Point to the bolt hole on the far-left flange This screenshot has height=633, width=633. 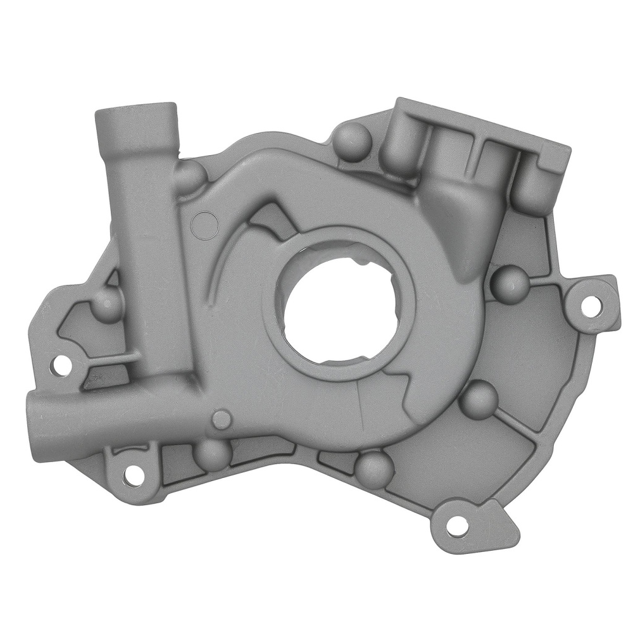(x=61, y=363)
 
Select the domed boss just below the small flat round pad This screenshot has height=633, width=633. (x=211, y=452)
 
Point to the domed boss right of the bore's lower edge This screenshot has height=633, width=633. (x=479, y=398)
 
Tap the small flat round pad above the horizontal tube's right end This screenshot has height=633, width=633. (x=222, y=418)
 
